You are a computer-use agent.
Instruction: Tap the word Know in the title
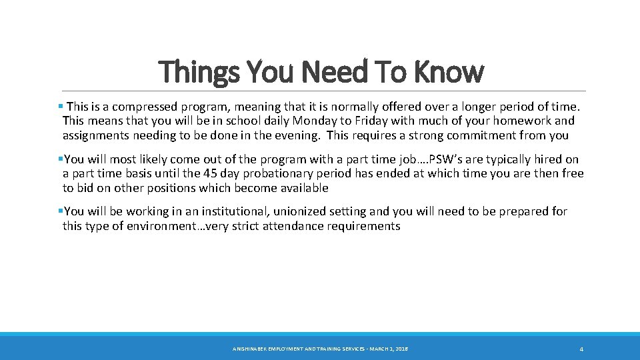pos(449,72)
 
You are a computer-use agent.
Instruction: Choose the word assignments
pos(98,135)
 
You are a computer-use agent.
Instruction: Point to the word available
pos(305,188)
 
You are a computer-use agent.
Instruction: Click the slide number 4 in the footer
pos(581,349)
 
